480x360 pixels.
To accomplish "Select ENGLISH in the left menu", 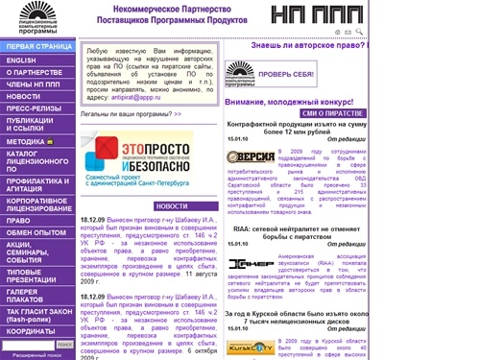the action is tap(21, 60).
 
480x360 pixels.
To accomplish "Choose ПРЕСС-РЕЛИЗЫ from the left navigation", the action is tap(34, 108).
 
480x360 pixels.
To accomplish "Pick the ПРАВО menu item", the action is tap(18, 220).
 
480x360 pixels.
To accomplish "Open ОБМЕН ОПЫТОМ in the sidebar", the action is tap(36, 232).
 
